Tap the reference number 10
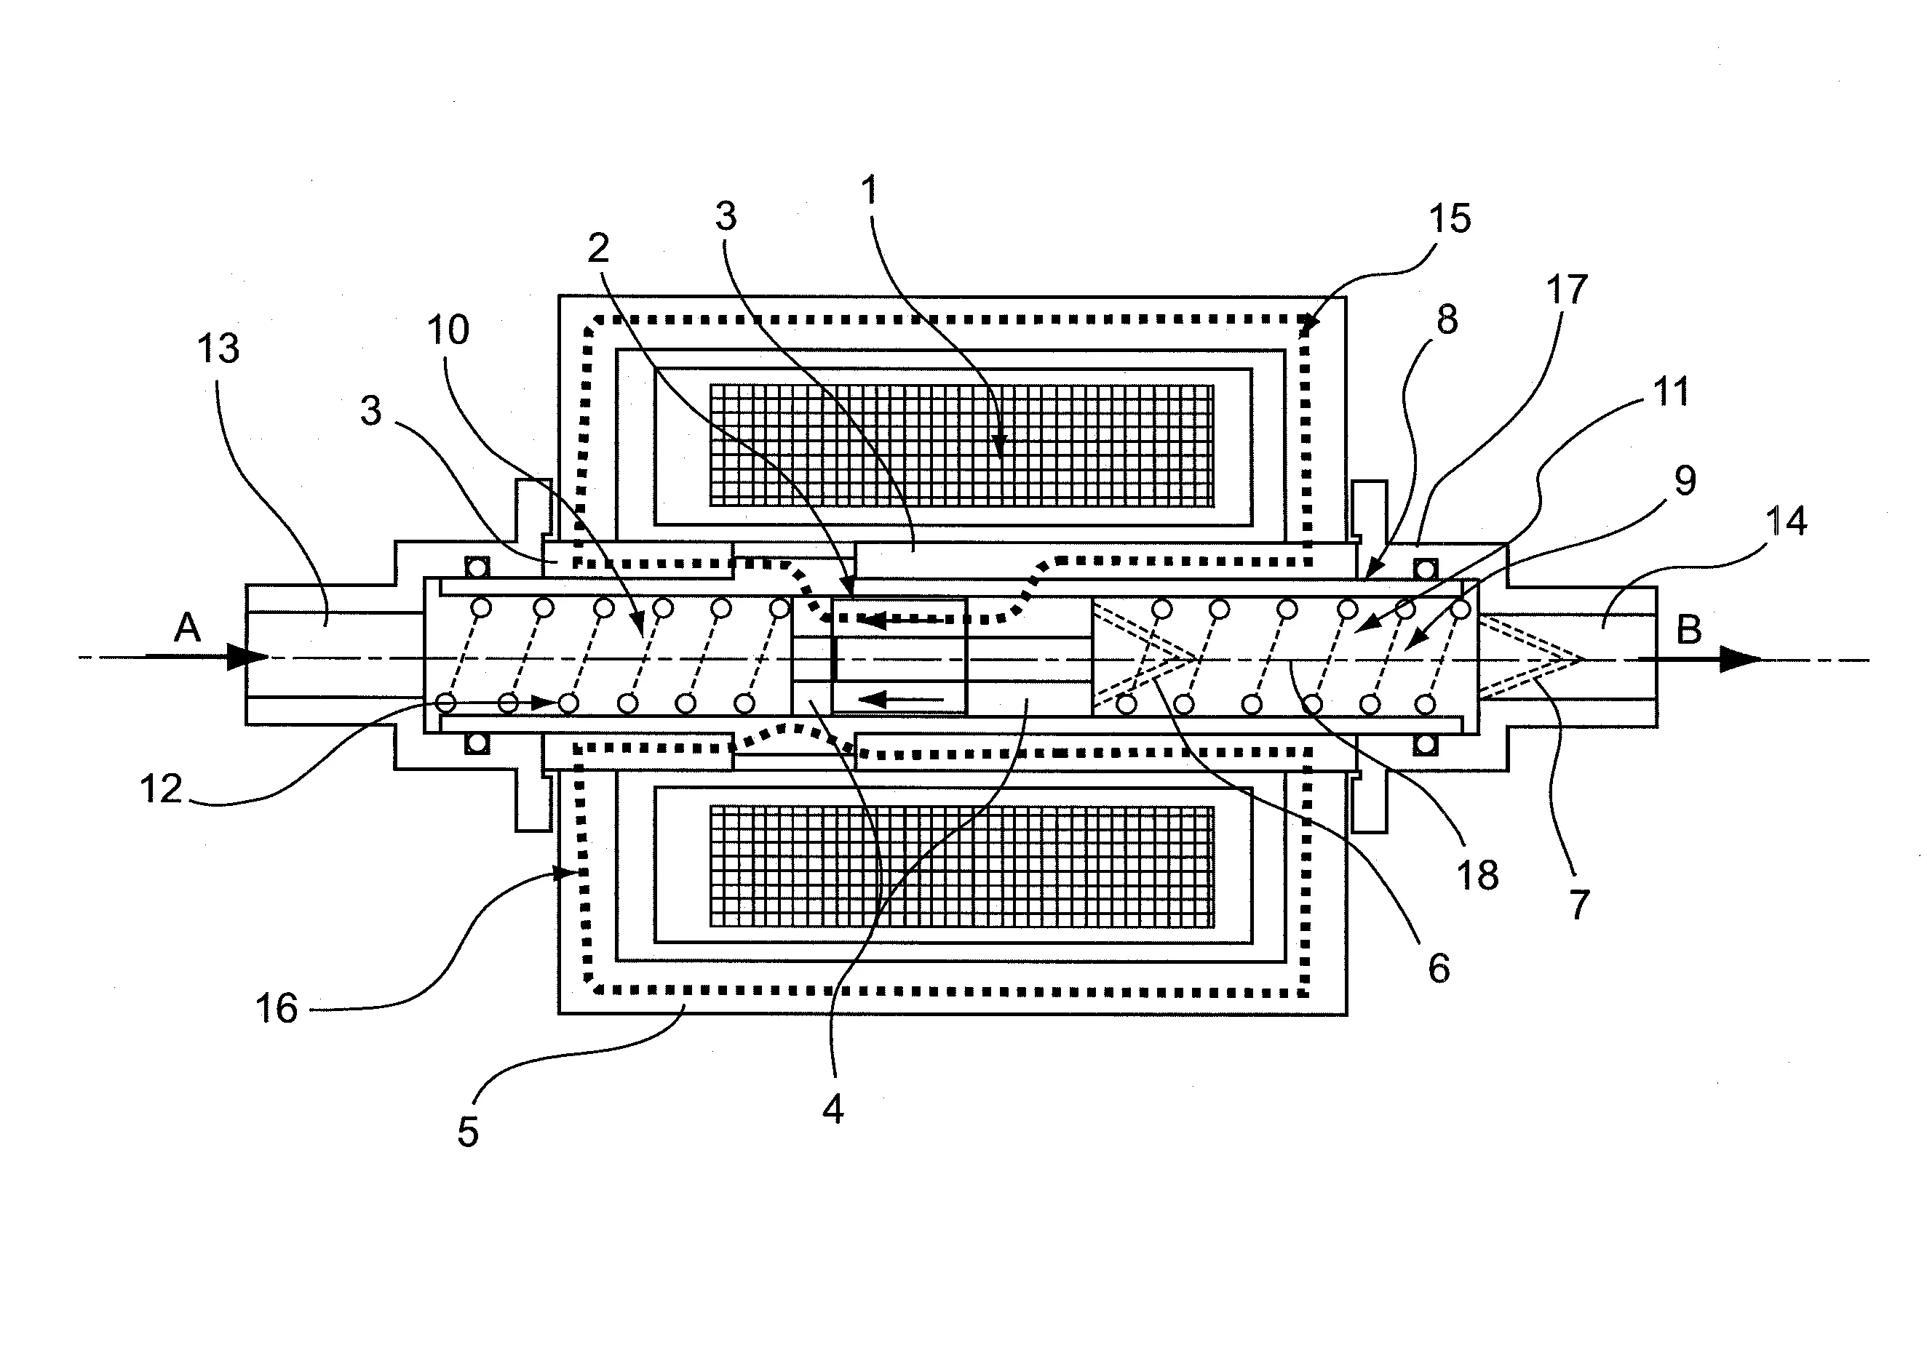[448, 329]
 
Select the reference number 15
[1450, 218]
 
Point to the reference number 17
[1566, 289]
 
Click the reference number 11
[1669, 392]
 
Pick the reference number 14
[1786, 521]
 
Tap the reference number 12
[160, 788]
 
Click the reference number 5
[467, 1132]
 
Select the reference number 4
[832, 1109]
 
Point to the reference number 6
[1439, 968]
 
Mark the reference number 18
[1478, 875]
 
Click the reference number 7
[1578, 903]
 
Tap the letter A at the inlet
[187, 627]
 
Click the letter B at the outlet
[1688, 629]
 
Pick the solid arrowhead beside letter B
[1739, 659]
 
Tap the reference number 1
[870, 191]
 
